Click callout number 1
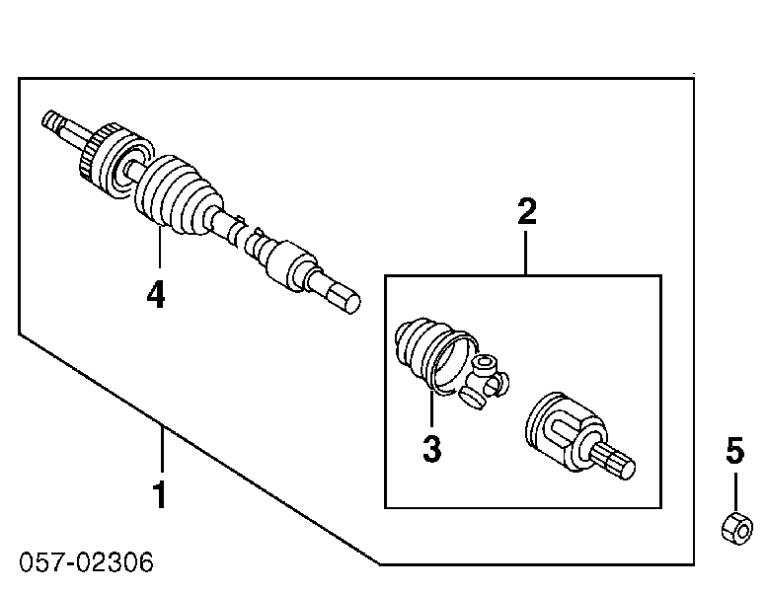point(160,494)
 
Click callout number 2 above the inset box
point(527,211)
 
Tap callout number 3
point(431,448)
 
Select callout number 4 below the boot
point(156,294)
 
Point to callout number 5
point(734,450)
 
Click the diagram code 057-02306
point(86,562)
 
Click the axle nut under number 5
point(736,529)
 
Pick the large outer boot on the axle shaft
point(179,196)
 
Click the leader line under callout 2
point(526,253)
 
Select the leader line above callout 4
point(159,247)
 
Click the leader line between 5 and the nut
point(735,492)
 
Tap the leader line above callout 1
point(162,449)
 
